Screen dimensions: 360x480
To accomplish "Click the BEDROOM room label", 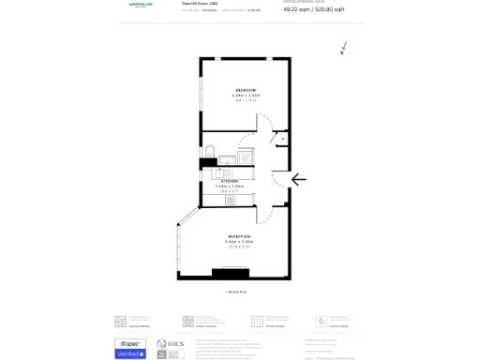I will [x=246, y=90].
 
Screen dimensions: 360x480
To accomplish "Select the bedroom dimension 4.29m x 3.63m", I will [x=246, y=96].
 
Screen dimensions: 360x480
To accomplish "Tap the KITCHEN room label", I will [x=230, y=181].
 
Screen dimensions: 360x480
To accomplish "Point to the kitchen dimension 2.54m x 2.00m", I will [x=230, y=187].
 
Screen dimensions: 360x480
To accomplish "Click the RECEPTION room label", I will [x=239, y=236].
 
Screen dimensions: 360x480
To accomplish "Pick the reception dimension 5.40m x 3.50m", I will [x=239, y=242].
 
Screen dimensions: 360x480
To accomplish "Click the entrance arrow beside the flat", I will [x=299, y=179].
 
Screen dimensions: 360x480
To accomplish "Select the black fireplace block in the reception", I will [x=230, y=273].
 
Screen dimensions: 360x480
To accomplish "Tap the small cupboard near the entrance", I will [x=282, y=139].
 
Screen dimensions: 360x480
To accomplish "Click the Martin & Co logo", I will [x=141, y=5].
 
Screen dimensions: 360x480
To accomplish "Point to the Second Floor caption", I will [x=237, y=292].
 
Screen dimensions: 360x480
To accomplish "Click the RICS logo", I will [x=170, y=348].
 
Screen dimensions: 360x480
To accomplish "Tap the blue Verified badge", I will [x=130, y=354].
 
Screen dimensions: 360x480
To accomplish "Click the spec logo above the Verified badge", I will [x=130, y=344].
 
